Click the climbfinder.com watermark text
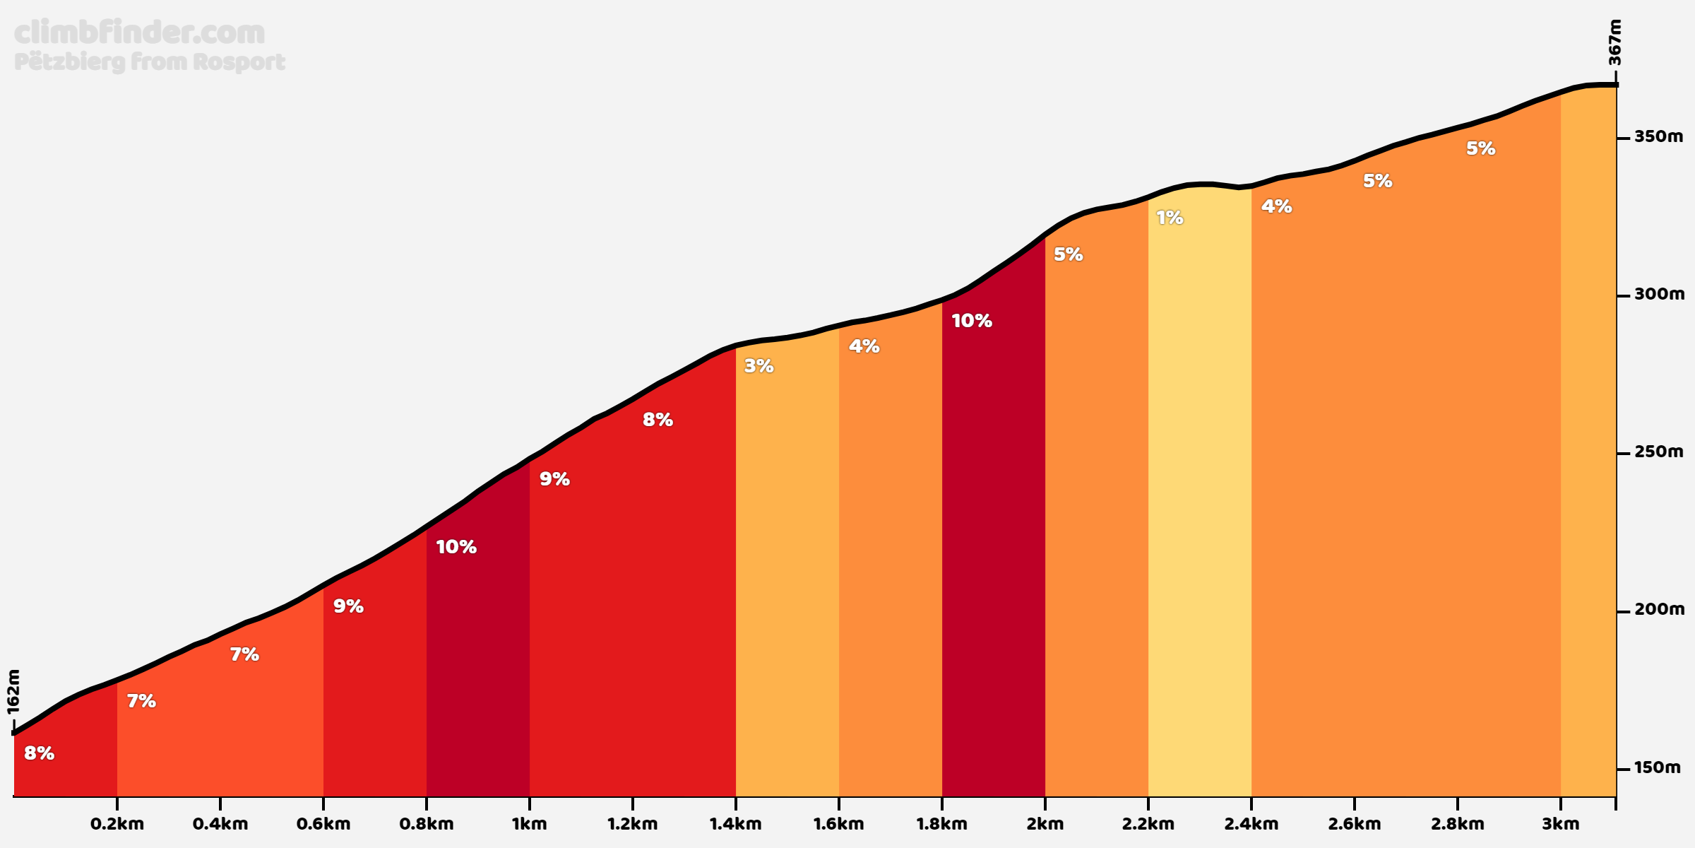coord(139,33)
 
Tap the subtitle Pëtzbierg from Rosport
coord(149,62)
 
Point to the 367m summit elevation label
coord(1614,42)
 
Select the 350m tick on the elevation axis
coord(1658,136)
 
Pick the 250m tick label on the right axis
coord(1658,452)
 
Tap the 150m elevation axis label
coord(1658,767)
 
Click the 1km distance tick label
coord(530,824)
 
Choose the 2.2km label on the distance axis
coord(1148,824)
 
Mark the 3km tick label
coord(1561,824)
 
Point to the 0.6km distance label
coord(323,824)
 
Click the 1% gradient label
coord(1170,218)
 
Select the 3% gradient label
coord(759,366)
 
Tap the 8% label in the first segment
coord(40,753)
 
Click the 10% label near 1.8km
coord(972,321)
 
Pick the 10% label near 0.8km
coord(456,547)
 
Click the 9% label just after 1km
coord(554,479)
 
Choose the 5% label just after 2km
coord(1069,254)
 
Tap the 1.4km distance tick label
coord(736,824)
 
